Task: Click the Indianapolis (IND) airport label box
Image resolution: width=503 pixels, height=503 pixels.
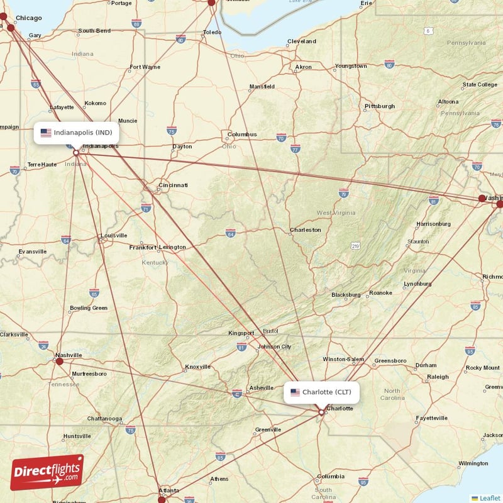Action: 76,133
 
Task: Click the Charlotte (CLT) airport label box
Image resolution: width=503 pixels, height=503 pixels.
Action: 322,392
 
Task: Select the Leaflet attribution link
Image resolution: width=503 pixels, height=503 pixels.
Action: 490,498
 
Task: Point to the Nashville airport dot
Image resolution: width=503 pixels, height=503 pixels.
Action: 60,361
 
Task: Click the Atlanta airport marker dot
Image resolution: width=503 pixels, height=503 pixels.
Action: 162,499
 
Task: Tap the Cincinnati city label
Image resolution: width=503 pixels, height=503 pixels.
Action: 173,185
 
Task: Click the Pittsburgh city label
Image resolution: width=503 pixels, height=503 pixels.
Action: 380,106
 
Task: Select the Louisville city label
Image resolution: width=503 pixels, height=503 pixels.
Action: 114,236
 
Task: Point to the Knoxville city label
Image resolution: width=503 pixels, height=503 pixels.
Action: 198,367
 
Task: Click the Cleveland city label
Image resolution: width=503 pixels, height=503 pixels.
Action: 302,41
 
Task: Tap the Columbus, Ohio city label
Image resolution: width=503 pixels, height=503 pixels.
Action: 242,134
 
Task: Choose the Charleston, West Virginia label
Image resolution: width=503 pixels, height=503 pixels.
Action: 306,230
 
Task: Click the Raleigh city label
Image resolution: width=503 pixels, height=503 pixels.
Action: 438,377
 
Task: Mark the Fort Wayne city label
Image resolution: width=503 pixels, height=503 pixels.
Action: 145,67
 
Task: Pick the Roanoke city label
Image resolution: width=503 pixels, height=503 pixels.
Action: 380,293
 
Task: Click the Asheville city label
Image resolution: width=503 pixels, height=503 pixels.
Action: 261,388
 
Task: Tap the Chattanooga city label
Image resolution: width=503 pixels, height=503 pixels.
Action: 104,419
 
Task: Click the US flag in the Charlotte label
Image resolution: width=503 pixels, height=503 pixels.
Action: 295,392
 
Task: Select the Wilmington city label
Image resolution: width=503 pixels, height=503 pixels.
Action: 473,463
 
